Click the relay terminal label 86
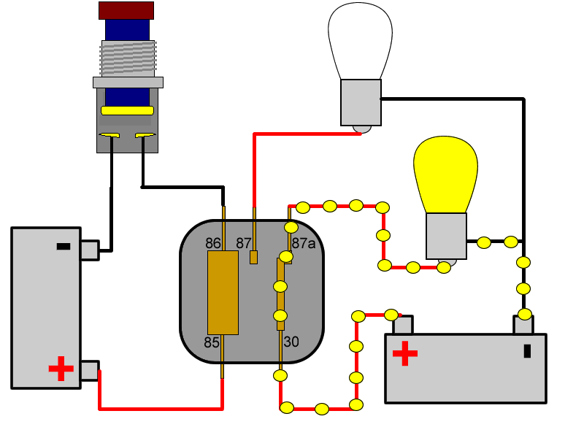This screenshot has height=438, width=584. coord(213,243)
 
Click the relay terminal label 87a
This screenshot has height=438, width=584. coord(304,243)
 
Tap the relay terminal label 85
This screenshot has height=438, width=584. coord(212,342)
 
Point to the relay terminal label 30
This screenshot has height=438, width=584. coord(291,341)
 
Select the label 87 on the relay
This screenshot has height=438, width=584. coord(243,243)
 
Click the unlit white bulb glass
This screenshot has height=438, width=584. coord(360,40)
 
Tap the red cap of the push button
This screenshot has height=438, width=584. coord(126,10)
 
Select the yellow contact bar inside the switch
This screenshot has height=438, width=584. coord(128,110)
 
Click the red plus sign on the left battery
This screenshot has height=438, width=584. coord(61,369)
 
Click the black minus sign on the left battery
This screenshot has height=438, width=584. coord(64,247)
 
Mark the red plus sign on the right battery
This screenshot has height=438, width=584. coord(404,354)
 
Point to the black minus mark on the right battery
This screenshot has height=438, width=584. coord(527,351)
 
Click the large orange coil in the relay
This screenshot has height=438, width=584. coord(223,292)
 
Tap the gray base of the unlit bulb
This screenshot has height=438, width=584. coord(361,102)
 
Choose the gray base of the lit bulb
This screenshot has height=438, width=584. coord(446,236)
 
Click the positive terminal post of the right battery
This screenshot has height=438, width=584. coord(403,325)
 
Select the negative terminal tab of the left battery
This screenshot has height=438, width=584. coord(90,250)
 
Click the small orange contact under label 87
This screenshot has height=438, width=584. coord(254,257)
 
